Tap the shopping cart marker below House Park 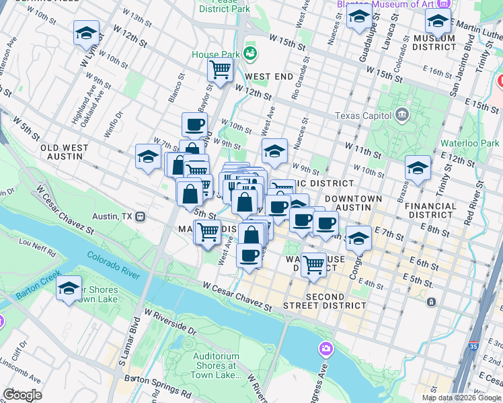click(220, 69)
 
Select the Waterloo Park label click(469, 143)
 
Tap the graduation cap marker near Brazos click(417, 169)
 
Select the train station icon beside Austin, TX click(141, 217)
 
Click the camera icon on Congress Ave click(325, 348)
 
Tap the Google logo click(22, 394)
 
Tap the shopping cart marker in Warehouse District click(313, 265)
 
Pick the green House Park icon click(251, 52)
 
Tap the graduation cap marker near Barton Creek click(69, 289)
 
